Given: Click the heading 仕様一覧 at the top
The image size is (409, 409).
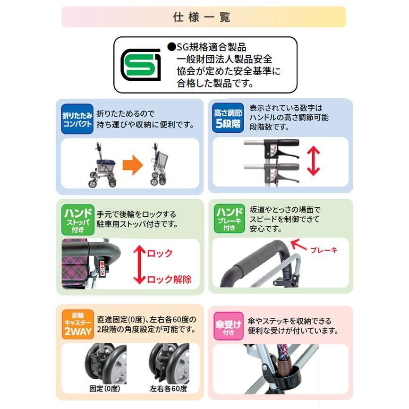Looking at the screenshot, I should point(204,17).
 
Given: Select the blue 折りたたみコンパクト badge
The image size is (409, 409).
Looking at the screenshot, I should point(77,119).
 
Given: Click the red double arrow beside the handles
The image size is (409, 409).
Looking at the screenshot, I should point(314,160).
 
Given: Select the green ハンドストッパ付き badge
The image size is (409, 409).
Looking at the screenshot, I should point(77,218).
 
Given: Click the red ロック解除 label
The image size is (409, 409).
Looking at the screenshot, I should point(169,279).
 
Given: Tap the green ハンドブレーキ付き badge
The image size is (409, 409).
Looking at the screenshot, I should point(229,218).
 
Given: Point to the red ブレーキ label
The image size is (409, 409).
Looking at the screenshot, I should point(324,250).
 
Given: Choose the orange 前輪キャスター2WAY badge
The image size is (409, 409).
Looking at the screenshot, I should point(77,325).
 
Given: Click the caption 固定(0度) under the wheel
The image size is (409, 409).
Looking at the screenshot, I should point(105,389).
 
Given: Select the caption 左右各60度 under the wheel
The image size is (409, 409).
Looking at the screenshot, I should point(169,389).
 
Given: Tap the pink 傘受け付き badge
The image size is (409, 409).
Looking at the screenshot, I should point(229,325).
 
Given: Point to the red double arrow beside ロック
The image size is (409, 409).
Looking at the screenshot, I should point(139,264).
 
